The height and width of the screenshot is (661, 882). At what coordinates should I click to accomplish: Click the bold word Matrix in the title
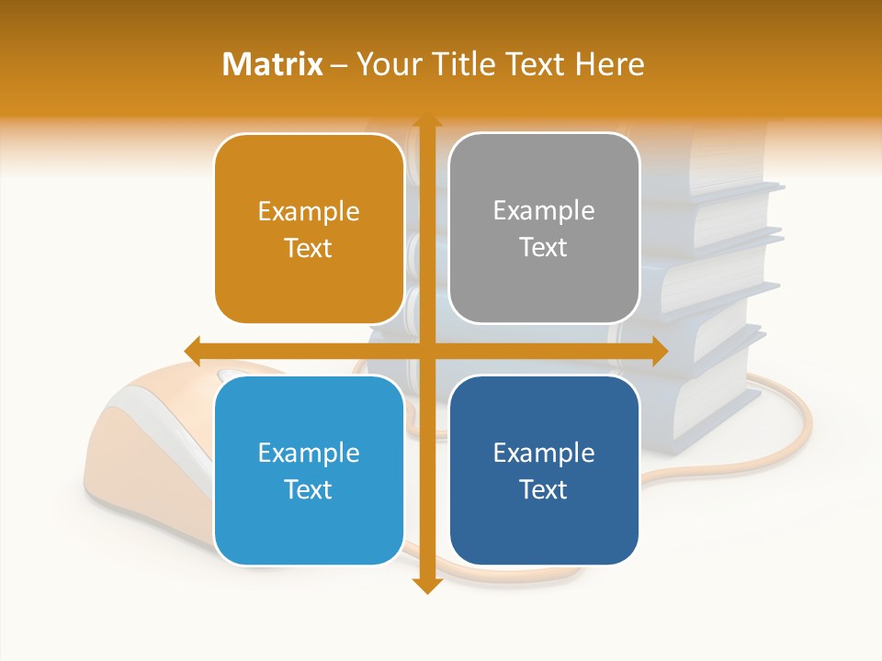click(273, 64)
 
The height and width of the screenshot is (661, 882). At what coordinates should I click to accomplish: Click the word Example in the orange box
click(309, 212)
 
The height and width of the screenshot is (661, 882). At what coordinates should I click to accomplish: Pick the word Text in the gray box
click(544, 248)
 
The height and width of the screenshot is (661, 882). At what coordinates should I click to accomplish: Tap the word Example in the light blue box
click(309, 453)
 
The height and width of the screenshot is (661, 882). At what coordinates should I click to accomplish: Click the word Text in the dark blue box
click(544, 489)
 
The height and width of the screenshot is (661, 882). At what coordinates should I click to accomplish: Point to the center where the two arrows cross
click(425, 351)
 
